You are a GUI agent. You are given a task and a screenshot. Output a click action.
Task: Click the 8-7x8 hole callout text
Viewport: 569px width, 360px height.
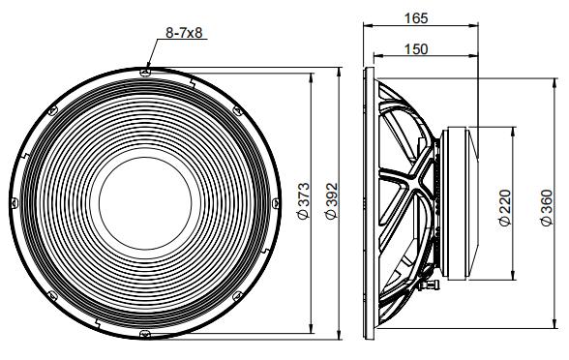[x=185, y=34]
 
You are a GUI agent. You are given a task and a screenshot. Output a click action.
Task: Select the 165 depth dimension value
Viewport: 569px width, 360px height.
[x=420, y=17]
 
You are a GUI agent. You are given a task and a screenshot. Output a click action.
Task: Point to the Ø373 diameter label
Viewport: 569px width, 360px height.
[x=304, y=204]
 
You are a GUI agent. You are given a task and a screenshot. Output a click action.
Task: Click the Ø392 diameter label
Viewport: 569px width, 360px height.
[x=331, y=204]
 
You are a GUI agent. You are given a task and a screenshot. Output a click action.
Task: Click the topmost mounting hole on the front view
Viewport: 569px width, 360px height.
[x=145, y=70]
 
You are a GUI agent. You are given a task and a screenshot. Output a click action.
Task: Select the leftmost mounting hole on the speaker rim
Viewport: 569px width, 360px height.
[x=12, y=203]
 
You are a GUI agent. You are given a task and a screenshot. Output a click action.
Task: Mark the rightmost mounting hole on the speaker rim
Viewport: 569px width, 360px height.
[x=279, y=203]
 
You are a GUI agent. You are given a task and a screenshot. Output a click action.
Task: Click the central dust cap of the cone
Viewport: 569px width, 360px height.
[x=145, y=203]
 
